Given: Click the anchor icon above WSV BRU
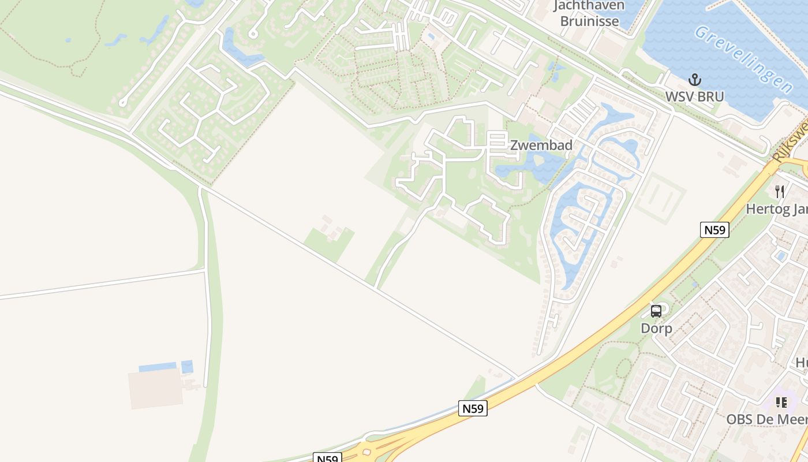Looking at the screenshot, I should [x=694, y=80].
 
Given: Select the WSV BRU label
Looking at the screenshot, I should [x=694, y=96].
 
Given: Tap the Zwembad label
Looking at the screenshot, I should [x=541, y=146].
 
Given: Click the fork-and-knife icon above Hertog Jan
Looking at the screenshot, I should [x=780, y=192].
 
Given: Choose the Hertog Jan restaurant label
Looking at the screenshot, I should [x=776, y=208].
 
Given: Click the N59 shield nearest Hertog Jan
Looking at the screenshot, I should [x=715, y=230].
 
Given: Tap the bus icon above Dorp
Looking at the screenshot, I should [x=656, y=311].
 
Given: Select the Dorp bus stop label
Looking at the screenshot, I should [x=656, y=329].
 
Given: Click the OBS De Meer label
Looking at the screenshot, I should [x=766, y=419].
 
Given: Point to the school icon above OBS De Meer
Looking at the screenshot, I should [x=781, y=402].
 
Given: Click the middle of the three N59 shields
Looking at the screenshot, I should [x=473, y=408].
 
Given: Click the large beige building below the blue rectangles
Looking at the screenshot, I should [x=155, y=389].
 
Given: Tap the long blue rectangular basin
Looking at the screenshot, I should [x=158, y=367].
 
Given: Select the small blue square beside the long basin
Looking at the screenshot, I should [x=187, y=367].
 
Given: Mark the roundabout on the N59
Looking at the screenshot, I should [x=369, y=452].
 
